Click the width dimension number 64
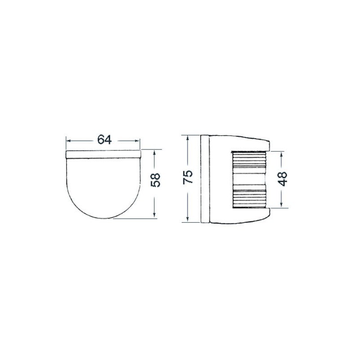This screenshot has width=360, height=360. pyautogui.click(x=104, y=139)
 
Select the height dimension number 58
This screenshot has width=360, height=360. pyautogui.click(x=155, y=180)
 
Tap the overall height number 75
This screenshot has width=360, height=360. pyautogui.click(x=189, y=176)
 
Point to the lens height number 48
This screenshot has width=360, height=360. pyautogui.click(x=282, y=179)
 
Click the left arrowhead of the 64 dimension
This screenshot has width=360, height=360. pyautogui.click(x=69, y=140)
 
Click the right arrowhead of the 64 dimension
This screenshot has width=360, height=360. pyautogui.click(x=138, y=140)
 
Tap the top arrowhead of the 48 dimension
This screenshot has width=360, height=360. pyautogui.click(x=282, y=153)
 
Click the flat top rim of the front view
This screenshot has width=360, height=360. pyautogui.click(x=103, y=154)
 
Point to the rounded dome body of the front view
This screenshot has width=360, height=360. pyautogui.click(x=103, y=184)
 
